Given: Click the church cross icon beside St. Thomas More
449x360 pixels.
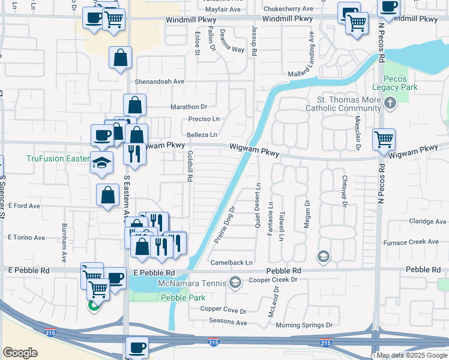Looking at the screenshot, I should [390, 104].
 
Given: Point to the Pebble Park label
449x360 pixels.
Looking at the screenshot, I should [182, 298].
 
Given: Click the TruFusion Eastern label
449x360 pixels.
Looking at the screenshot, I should [57, 158].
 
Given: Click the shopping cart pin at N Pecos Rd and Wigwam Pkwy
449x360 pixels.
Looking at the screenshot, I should [384, 140].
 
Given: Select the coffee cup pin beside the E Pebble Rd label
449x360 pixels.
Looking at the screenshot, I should [115, 278].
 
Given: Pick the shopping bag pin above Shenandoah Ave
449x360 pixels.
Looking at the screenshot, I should [121, 58].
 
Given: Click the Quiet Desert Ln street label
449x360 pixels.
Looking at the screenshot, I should [258, 201].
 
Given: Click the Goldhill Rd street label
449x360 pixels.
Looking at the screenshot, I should [190, 166].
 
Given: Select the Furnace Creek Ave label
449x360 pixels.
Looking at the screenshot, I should [417, 242].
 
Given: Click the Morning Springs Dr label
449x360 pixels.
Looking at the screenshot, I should [304, 325].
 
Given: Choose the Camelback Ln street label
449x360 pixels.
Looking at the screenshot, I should [232, 263].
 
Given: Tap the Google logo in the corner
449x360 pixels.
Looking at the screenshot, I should [20, 353].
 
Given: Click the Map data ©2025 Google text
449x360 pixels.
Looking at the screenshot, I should [412, 356].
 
